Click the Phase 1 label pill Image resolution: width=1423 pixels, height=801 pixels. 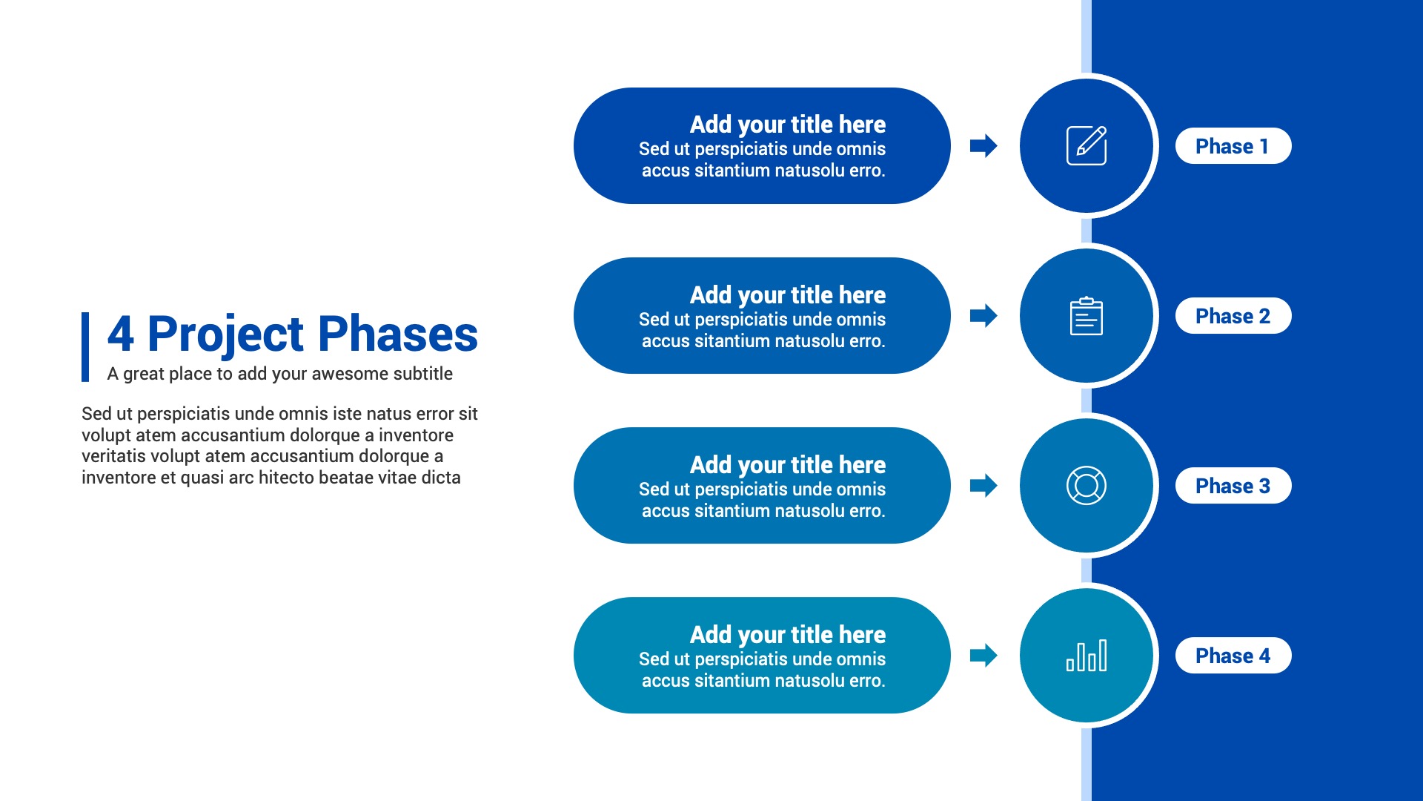(1233, 146)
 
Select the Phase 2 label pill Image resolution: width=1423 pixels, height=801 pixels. (1233, 316)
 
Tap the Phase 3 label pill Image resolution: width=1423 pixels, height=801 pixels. (1233, 486)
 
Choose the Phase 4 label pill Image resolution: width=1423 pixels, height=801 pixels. (1233, 656)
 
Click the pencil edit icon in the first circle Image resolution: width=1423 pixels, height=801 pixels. (1087, 145)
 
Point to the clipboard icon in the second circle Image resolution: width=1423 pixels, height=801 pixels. (1087, 316)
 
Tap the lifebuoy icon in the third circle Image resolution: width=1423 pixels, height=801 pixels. (1087, 486)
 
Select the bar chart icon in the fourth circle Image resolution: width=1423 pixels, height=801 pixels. (1087, 656)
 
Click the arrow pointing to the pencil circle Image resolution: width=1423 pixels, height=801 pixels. (984, 146)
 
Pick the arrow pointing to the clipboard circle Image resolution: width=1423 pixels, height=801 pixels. (984, 316)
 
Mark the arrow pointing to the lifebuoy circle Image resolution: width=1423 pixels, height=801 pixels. (984, 486)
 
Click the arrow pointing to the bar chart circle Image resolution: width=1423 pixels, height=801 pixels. (984, 656)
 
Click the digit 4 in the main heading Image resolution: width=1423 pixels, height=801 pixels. (121, 334)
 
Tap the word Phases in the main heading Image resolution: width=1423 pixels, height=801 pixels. (398, 334)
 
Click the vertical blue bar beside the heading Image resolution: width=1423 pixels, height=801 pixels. (85, 347)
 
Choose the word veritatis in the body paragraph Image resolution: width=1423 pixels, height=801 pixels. (113, 456)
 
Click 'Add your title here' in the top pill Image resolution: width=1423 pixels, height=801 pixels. (788, 125)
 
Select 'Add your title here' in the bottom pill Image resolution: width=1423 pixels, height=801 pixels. (788, 635)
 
